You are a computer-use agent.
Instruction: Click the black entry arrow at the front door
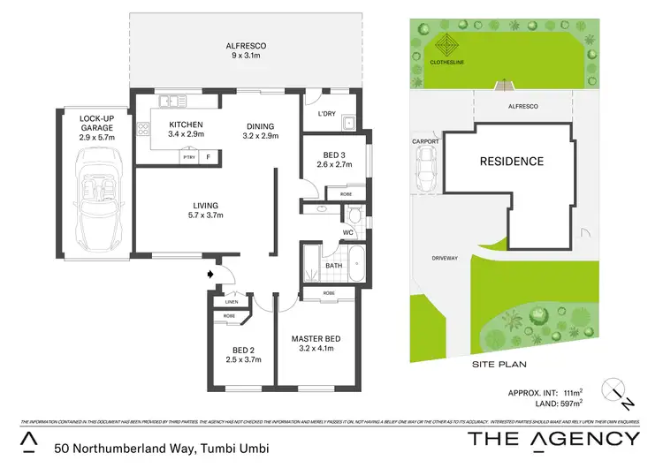coord(210,275)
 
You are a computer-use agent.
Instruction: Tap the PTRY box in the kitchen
coord(188,157)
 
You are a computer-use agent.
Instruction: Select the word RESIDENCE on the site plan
coord(512,162)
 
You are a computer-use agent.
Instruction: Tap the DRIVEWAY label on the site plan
coord(445,258)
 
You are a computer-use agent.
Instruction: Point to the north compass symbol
coord(617,392)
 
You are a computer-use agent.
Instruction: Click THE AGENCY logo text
coord(553,439)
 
